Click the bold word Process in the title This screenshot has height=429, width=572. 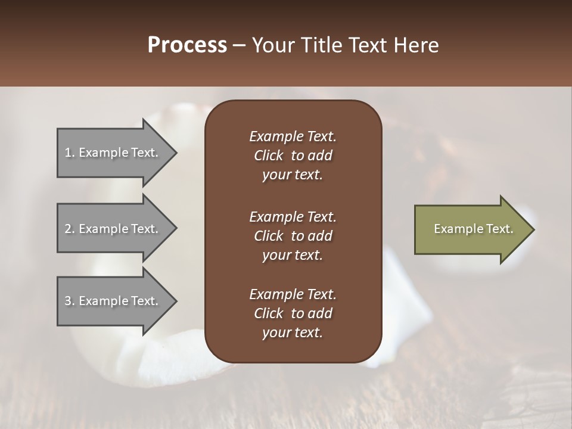pyautogui.click(x=187, y=45)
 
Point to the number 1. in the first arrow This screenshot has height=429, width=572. pyautogui.click(x=69, y=153)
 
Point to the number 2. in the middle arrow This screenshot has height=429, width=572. pyautogui.click(x=69, y=229)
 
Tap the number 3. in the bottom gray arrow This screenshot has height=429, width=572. pyautogui.click(x=69, y=301)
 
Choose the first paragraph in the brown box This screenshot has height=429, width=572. pyautogui.click(x=293, y=156)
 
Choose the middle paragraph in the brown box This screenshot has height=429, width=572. pyautogui.click(x=293, y=236)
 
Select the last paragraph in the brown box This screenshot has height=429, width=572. pyautogui.click(x=293, y=313)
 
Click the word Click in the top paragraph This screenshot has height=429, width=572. pyautogui.click(x=268, y=156)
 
